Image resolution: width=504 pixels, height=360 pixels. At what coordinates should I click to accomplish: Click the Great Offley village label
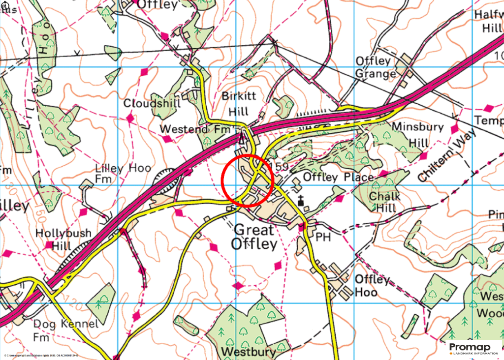[x=255, y=236]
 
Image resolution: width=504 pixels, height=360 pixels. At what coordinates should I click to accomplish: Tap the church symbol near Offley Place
[x=301, y=201]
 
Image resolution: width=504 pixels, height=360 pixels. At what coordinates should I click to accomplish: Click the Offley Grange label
[x=376, y=68]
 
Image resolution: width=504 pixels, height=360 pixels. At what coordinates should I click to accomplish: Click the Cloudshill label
[x=152, y=104]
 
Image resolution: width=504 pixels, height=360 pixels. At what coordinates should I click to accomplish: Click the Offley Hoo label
[x=373, y=286]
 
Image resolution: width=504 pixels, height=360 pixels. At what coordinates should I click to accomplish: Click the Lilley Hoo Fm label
[x=116, y=173]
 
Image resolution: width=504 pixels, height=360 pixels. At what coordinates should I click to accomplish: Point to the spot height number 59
[x=282, y=167]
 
